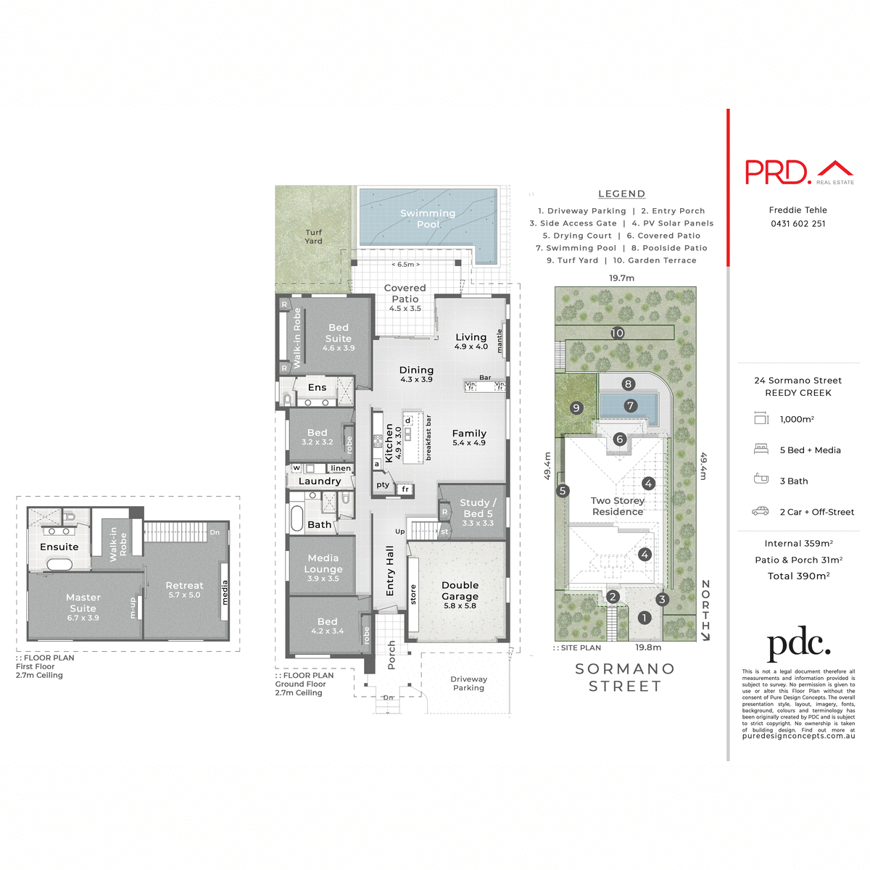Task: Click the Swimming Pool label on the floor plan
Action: pos(428,219)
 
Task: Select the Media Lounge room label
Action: pos(323,564)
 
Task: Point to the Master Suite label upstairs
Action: pos(83,603)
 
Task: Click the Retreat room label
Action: pos(184,586)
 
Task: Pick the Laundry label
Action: pos(319,481)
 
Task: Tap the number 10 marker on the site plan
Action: pos(617,333)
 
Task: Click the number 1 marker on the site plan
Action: pos(645,618)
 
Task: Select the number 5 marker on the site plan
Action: pos(563,492)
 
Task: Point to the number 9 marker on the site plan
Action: pos(576,408)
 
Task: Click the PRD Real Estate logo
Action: pos(799,173)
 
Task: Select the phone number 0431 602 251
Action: pos(798,224)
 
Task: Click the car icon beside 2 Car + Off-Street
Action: pos(761,512)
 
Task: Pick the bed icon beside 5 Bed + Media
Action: pos(761,449)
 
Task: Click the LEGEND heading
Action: pos(621,194)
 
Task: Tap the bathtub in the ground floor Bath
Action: pos(297,519)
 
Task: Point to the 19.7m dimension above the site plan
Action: pos(621,278)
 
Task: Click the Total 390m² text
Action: pos(798,576)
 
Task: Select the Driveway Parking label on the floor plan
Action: pos(468,684)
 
